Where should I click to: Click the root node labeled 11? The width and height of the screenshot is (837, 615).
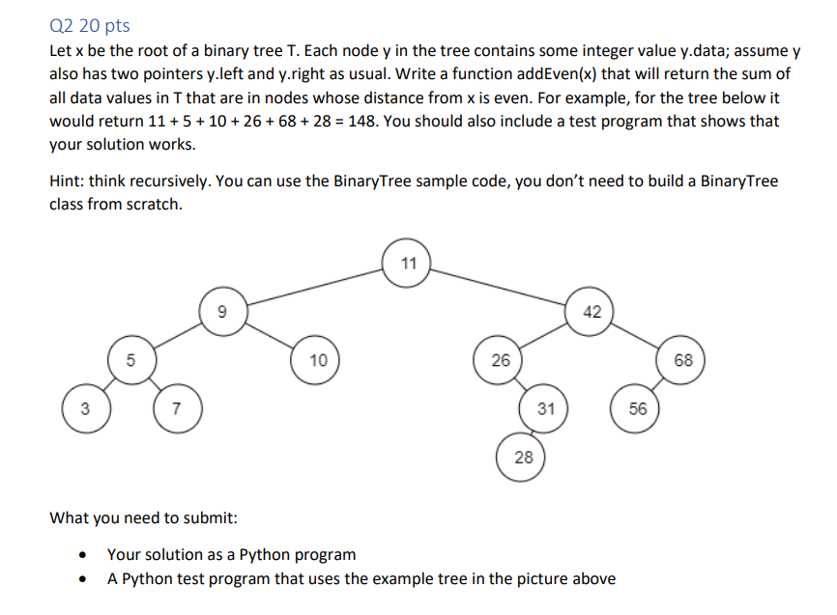point(408,263)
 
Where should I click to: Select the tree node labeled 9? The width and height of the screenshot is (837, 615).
point(223,311)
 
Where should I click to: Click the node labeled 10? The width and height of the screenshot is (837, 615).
point(318,360)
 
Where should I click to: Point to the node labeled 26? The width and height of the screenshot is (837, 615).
point(500,360)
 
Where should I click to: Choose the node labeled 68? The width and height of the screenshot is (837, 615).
point(683,360)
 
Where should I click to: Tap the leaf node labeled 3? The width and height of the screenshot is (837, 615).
point(84,408)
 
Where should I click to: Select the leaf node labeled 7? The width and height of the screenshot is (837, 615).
point(175,408)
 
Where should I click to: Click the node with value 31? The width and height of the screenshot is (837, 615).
point(545,408)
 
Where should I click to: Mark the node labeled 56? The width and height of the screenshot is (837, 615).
point(638,408)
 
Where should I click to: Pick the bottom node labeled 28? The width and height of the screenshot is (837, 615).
point(523,457)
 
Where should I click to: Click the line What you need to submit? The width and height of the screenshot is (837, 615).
point(143,518)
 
